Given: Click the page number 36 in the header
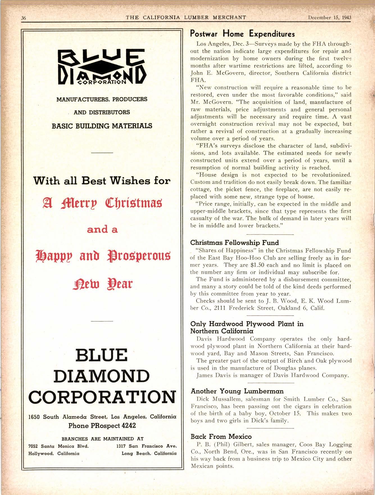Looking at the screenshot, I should click(24, 18).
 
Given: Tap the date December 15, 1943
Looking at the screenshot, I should click(329, 17).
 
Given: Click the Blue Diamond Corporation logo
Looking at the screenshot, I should click(102, 67).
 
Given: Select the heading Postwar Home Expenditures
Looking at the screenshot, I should click(242, 34).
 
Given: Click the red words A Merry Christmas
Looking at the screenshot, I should click(102, 203).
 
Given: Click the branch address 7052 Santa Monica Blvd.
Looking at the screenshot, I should click(59, 446).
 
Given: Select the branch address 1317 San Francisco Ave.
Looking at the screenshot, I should click(146, 446).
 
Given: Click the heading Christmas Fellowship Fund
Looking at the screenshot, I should click(235, 243).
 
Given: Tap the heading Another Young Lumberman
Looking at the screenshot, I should click(237, 391).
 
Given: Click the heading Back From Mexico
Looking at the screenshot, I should click(221, 436).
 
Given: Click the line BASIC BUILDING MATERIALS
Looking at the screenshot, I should click(102, 126).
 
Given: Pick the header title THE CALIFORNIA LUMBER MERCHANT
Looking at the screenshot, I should click(186, 17).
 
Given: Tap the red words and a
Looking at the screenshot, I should click(102, 230).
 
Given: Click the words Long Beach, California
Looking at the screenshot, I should click(149, 453).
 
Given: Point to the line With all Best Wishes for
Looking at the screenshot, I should click(102, 180).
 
